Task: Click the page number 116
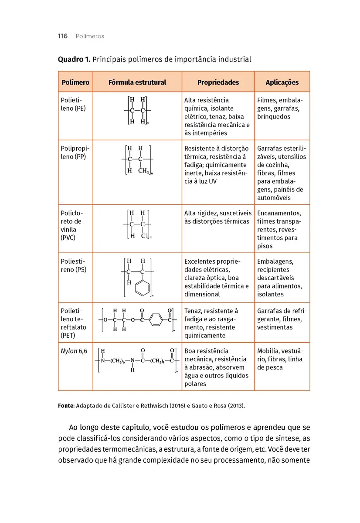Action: click(x=63, y=36)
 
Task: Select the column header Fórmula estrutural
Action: click(x=137, y=82)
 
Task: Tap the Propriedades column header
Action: click(x=218, y=82)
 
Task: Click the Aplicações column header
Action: click(x=282, y=82)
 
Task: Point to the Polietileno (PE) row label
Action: click(x=73, y=104)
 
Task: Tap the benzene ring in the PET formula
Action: click(x=155, y=323)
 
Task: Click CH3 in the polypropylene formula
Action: click(x=143, y=171)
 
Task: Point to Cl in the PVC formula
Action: click(x=145, y=236)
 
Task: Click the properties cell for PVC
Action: click(x=218, y=217)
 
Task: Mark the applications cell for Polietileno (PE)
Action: click(x=282, y=109)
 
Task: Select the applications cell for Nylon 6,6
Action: click(x=282, y=359)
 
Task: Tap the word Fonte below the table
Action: click(x=66, y=406)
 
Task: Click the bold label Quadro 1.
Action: click(x=74, y=59)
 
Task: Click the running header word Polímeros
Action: click(x=90, y=36)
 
